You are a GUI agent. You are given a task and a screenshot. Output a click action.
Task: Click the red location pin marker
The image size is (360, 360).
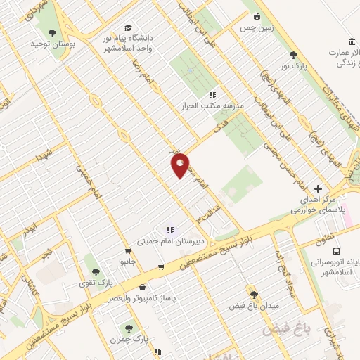(181, 165)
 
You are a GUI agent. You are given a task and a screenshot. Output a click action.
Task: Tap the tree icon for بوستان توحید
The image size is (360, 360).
(51, 32)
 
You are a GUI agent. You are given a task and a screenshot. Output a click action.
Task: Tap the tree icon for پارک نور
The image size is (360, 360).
(293, 55)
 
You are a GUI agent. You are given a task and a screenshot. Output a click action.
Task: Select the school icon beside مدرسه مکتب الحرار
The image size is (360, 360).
(212, 95)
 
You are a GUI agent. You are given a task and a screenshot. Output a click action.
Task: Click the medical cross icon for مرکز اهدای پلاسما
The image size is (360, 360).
(318, 189)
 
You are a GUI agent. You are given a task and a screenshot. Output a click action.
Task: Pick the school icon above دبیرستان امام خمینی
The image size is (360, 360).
(169, 230)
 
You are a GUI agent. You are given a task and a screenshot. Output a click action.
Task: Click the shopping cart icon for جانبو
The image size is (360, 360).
(127, 251)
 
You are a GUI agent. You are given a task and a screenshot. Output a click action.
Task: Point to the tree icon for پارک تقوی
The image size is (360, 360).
(96, 271)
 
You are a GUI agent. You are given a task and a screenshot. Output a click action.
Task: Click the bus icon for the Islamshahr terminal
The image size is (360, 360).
(338, 251)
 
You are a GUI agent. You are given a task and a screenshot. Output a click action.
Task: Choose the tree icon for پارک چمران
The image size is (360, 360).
(128, 328)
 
